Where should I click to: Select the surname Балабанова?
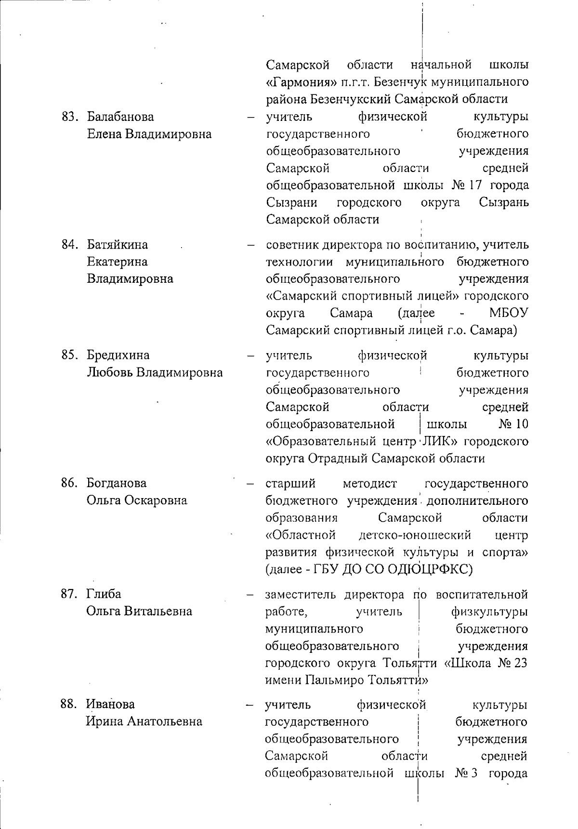click(120, 117)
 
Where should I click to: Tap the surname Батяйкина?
click(118, 245)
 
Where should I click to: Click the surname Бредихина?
click(118, 355)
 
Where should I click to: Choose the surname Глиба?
click(104, 594)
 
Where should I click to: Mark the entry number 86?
click(69, 483)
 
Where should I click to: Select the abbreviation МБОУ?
click(508, 313)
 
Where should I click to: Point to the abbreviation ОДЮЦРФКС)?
click(420, 570)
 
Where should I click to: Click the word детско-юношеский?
click(415, 535)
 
